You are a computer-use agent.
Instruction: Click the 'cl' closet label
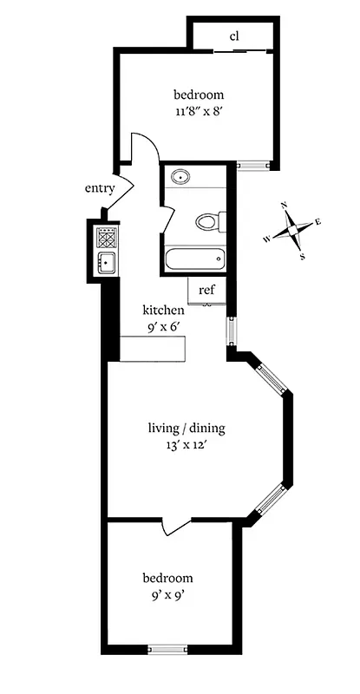[x=234, y=36]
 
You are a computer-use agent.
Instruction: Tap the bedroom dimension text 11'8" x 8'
[x=199, y=111]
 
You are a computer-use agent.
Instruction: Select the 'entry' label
[x=100, y=188]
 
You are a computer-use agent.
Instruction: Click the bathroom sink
[x=181, y=178]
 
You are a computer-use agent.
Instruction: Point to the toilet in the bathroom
[x=206, y=222]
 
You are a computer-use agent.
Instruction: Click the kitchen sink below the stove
[x=107, y=263]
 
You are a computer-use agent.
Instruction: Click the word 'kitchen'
[x=163, y=310]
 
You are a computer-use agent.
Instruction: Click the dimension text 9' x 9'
[x=167, y=596]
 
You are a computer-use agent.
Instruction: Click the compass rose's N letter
[x=284, y=206]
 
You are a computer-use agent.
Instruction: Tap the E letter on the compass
[x=318, y=222]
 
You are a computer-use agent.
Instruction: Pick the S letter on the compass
[x=302, y=256]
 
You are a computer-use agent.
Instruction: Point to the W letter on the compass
[x=267, y=239]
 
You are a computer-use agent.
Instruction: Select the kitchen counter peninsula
[x=154, y=349]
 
